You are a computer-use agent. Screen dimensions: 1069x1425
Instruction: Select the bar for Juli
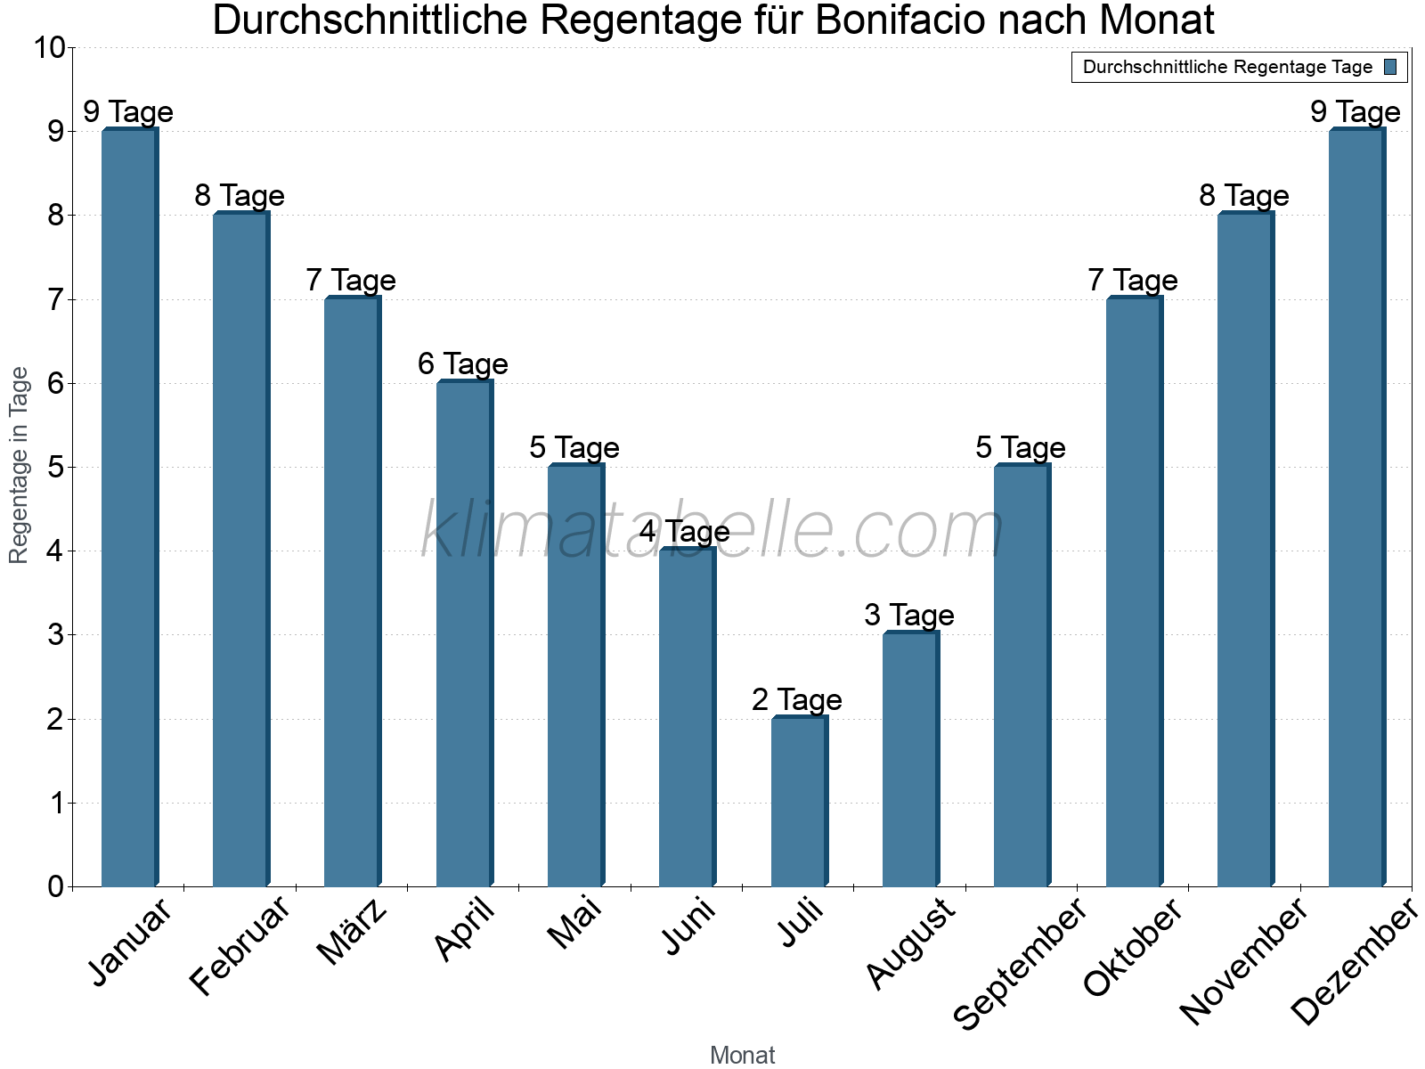click(799, 802)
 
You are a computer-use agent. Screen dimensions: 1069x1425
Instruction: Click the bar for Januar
click(129, 508)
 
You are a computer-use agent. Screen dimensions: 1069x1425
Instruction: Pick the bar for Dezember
click(1356, 508)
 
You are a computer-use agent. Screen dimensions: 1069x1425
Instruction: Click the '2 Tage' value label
click(796, 700)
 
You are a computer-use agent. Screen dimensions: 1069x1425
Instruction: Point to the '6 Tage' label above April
click(462, 364)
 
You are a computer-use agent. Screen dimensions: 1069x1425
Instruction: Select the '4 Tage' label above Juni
click(684, 532)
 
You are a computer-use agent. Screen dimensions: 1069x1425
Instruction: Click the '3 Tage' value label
click(908, 616)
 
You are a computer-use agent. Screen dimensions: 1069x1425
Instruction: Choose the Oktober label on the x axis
click(1133, 948)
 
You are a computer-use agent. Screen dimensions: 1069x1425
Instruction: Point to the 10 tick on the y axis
click(49, 48)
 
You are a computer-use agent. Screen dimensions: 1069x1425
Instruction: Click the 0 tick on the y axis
click(56, 886)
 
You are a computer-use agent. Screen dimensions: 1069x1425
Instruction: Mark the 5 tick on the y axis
click(56, 467)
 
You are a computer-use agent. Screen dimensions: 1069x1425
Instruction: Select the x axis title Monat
click(742, 1056)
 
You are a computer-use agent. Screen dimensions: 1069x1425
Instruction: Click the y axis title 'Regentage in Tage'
click(20, 465)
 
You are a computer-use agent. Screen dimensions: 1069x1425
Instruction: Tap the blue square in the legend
click(1390, 67)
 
